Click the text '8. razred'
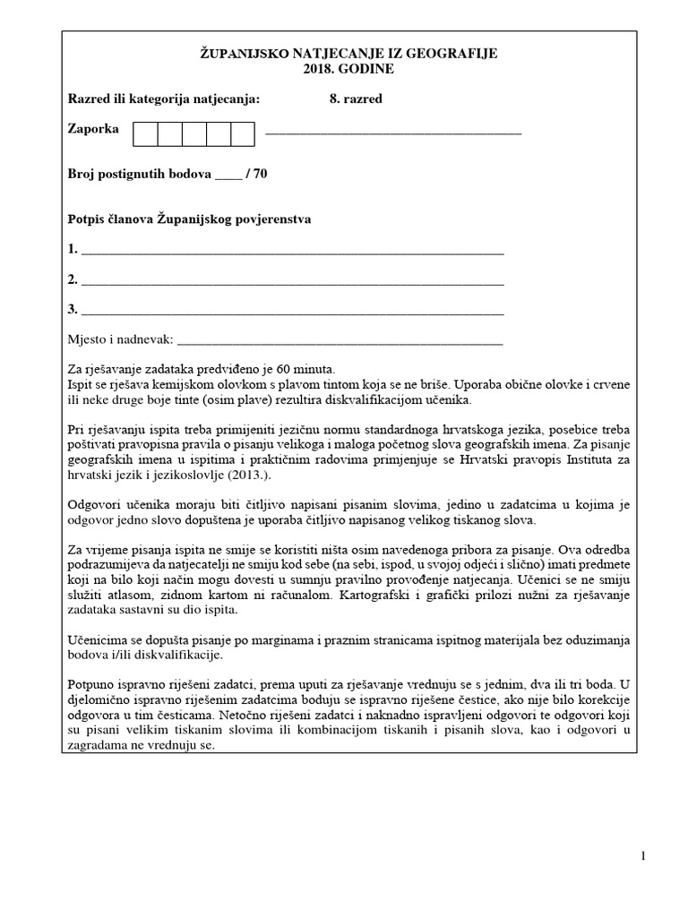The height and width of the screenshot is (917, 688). [x=356, y=99]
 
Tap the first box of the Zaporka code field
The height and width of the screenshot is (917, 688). [x=145, y=133]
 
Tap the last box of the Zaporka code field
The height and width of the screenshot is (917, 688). [x=243, y=133]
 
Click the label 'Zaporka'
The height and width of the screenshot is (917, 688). [x=93, y=129]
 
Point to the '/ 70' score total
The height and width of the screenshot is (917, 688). [x=255, y=174]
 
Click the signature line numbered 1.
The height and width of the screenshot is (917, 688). [x=291, y=254]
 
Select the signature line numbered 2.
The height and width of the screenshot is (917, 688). [x=291, y=284]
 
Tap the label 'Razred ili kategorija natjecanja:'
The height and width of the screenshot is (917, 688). [x=164, y=99]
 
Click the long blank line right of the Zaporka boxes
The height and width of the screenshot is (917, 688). [x=394, y=133]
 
